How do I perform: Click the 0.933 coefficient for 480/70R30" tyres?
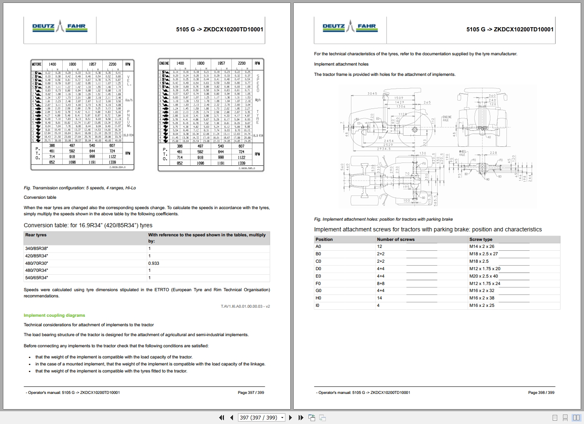coord(153,263)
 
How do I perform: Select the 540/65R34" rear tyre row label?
coord(37,278)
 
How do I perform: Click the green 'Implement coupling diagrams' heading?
coord(54,316)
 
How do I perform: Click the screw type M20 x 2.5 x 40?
coord(483,276)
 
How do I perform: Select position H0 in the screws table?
coord(318,298)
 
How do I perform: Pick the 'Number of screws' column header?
coord(396,240)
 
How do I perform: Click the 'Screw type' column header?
coord(480,240)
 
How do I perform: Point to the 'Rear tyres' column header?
coord(36,235)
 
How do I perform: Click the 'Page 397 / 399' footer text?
coord(251,393)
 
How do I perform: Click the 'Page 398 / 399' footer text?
coord(541,393)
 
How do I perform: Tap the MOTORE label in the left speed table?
coord(37,64)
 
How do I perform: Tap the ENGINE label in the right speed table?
coord(164,63)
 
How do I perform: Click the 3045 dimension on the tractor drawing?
coord(372,94)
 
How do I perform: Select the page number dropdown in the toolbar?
coord(262,417)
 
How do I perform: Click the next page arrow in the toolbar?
coord(290,417)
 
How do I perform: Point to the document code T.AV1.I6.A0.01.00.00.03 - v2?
coord(245,306)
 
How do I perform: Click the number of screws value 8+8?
coord(381,284)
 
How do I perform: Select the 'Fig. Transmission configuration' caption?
coord(80,188)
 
